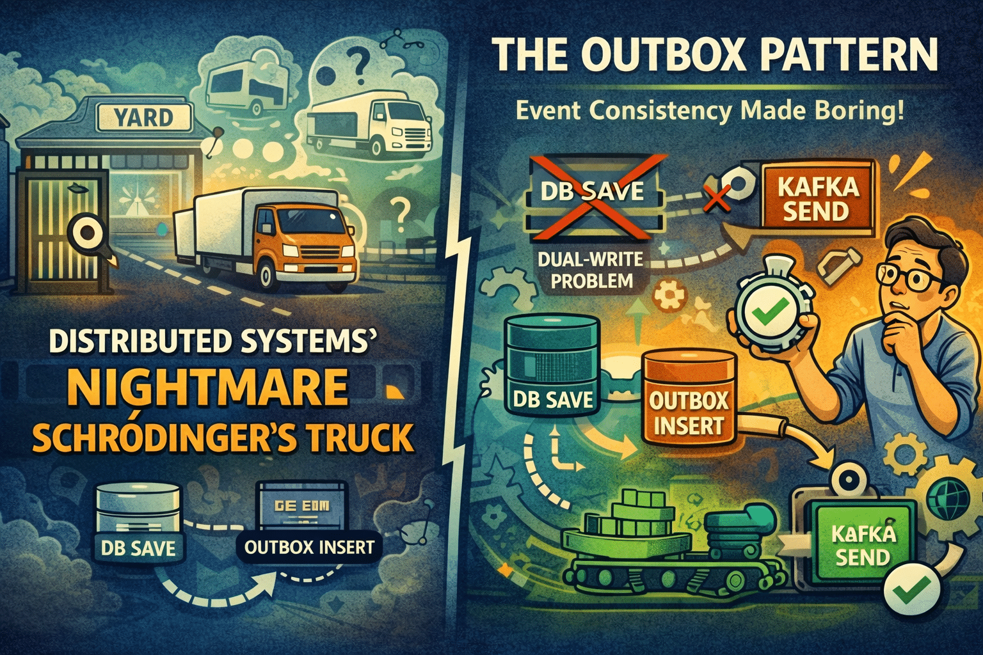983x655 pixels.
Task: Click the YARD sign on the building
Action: click(144, 118)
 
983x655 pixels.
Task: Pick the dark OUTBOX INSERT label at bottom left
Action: click(309, 547)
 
